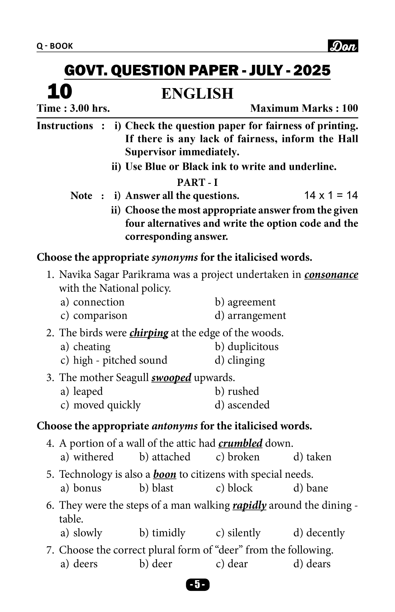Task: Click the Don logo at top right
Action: click(x=343, y=46)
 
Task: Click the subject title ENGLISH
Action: click(x=197, y=93)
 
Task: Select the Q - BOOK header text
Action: click(x=55, y=46)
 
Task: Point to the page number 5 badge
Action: click(x=197, y=585)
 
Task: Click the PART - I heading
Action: click(x=197, y=182)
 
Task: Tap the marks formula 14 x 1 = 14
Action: click(x=330, y=195)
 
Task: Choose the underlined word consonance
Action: click(x=331, y=275)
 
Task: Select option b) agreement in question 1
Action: click(x=245, y=302)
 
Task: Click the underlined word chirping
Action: click(x=149, y=333)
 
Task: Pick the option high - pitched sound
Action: click(x=114, y=360)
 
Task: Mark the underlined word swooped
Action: click(x=171, y=378)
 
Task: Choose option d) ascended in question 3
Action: click(x=242, y=405)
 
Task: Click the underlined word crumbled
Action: click(x=240, y=443)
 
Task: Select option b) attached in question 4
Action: click(x=165, y=457)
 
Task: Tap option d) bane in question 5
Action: click(x=311, y=488)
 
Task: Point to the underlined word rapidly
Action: click(x=249, y=505)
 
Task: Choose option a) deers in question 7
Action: click(x=79, y=564)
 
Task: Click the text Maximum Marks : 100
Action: click(x=304, y=108)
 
